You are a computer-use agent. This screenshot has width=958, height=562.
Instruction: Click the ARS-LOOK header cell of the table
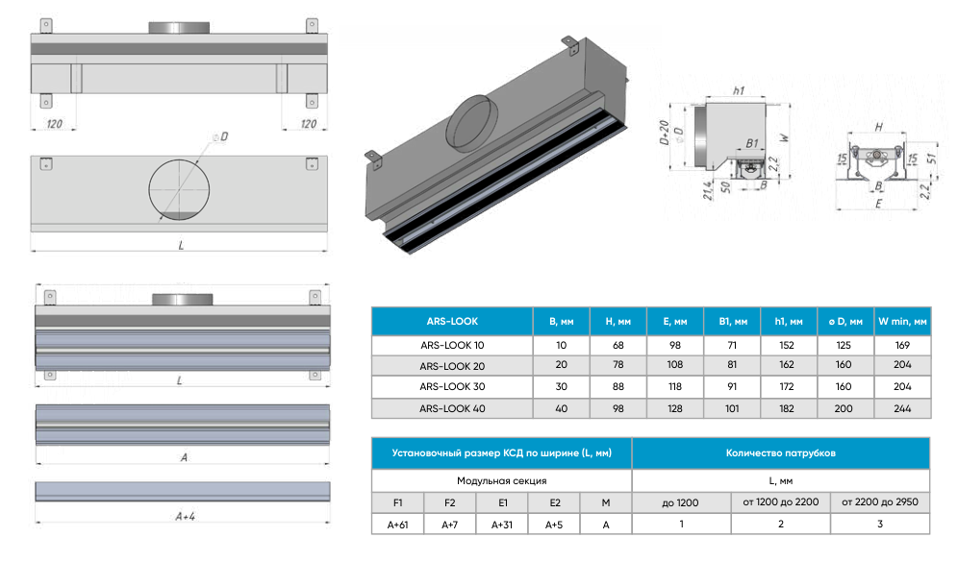451,322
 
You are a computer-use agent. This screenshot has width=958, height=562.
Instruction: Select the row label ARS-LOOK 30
451,386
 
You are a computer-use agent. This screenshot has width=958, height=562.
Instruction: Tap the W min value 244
901,408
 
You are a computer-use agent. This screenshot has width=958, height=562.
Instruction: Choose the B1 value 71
732,344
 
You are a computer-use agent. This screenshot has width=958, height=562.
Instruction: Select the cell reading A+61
396,525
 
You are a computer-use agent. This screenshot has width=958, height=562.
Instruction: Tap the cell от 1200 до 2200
780,501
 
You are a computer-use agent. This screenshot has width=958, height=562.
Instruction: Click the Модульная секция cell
501,479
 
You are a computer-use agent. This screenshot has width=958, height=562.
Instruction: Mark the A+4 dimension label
186,517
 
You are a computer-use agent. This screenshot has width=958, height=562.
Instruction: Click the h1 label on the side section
738,90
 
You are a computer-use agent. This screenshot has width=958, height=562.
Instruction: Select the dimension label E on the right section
878,205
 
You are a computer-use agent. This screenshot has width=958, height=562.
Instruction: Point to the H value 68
618,344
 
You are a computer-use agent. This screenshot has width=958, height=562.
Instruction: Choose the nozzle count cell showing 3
878,525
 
